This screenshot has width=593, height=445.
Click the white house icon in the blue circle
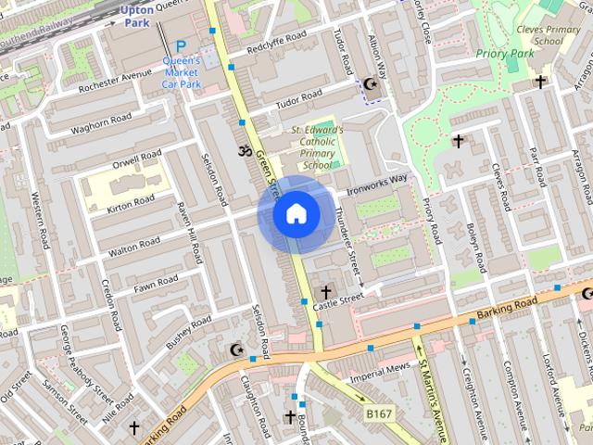296,214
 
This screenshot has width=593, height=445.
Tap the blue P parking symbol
181,45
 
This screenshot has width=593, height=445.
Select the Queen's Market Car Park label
182,72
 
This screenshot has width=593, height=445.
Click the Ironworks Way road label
376,184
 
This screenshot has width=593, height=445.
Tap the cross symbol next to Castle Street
325,292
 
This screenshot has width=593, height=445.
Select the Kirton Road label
130,201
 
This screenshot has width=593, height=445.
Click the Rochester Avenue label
115,80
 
